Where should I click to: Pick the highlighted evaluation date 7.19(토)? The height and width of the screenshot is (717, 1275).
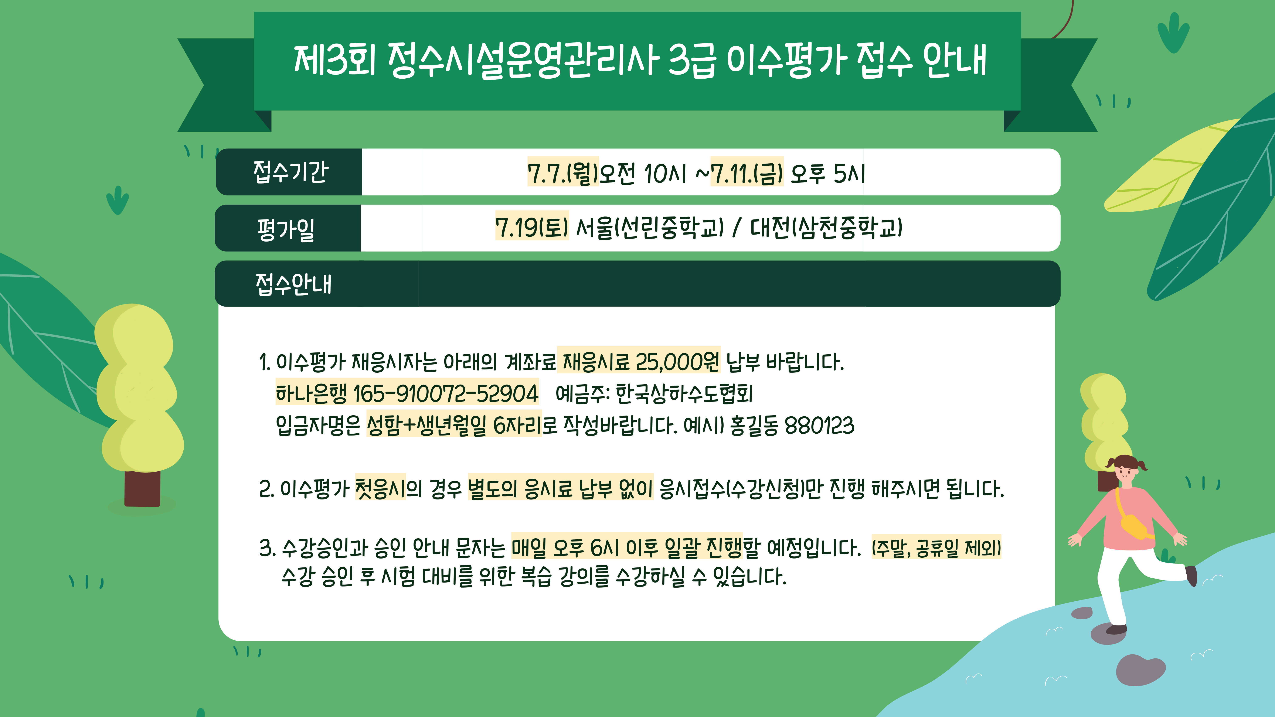pyautogui.click(x=532, y=228)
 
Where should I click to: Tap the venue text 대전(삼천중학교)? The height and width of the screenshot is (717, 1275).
pyautogui.click(x=826, y=228)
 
